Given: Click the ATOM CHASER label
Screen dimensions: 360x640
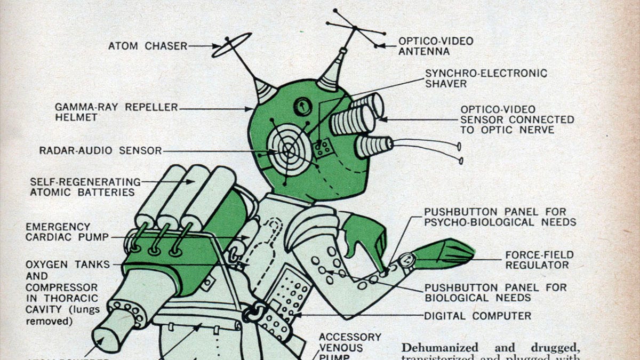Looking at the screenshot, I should (148, 46).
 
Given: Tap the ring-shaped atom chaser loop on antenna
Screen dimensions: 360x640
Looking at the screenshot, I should (231, 45).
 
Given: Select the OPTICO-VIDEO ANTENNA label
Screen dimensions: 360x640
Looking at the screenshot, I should (436, 46).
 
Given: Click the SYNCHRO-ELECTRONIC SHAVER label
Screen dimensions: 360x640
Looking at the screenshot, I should (486, 78).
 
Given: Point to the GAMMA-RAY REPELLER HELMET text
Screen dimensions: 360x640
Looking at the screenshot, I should (116, 112).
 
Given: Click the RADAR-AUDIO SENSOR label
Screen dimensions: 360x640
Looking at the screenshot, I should (100, 150).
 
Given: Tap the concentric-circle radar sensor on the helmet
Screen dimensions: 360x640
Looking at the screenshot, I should (287, 149).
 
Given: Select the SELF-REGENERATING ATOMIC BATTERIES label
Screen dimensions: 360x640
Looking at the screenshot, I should (85, 187).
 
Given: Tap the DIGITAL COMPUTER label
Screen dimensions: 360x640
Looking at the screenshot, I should (478, 316).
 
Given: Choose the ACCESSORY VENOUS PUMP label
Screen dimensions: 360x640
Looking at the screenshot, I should (350, 346).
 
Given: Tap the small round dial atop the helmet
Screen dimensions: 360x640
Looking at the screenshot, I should (302, 106).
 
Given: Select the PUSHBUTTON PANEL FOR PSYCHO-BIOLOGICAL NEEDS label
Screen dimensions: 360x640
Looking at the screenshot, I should (500, 217).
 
